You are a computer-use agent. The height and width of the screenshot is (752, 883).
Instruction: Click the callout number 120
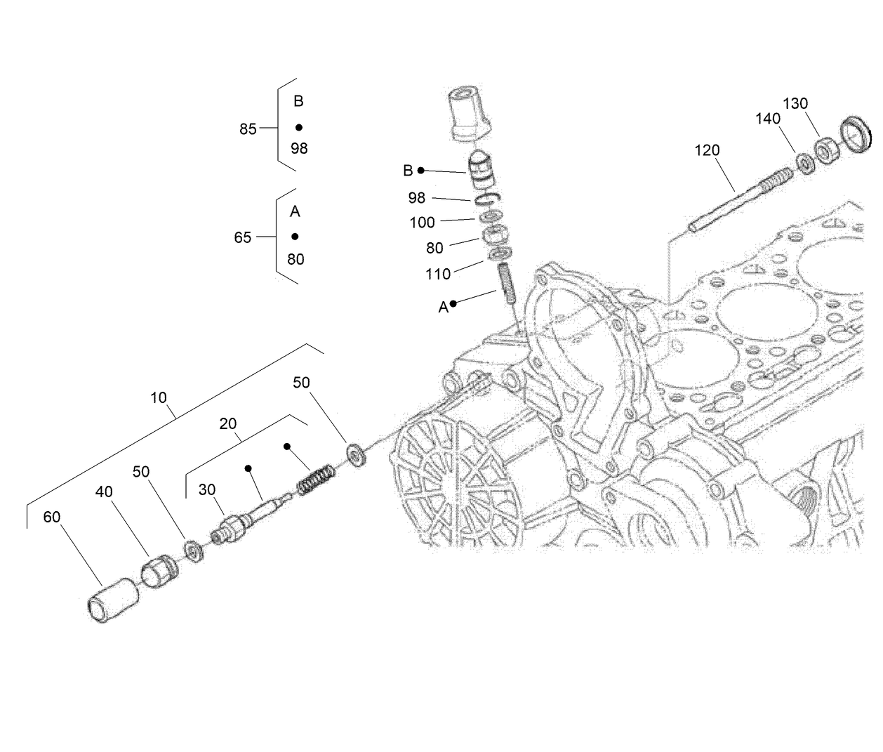pyautogui.click(x=707, y=150)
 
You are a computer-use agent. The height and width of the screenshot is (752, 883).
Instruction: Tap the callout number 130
pyautogui.click(x=795, y=103)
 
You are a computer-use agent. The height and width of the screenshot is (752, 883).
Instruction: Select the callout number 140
pyautogui.click(x=768, y=119)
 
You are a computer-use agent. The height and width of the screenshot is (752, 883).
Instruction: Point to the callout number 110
pyautogui.click(x=438, y=274)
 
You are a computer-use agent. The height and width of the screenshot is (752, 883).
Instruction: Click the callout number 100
pyautogui.click(x=422, y=223)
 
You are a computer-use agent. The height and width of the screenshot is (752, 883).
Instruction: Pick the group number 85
pyautogui.click(x=248, y=129)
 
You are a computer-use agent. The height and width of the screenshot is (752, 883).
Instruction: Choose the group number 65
pyautogui.click(x=242, y=238)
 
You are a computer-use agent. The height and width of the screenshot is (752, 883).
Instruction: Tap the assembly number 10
pyautogui.click(x=159, y=397)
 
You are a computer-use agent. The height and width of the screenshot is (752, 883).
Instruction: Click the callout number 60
pyautogui.click(x=52, y=517)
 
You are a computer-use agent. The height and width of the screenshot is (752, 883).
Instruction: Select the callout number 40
pyautogui.click(x=104, y=492)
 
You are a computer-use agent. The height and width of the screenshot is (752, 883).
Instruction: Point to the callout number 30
pyautogui.click(x=206, y=489)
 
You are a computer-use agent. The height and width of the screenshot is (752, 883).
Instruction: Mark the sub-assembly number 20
pyautogui.click(x=228, y=423)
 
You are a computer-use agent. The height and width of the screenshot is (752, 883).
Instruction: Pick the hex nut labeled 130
pyautogui.click(x=825, y=153)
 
